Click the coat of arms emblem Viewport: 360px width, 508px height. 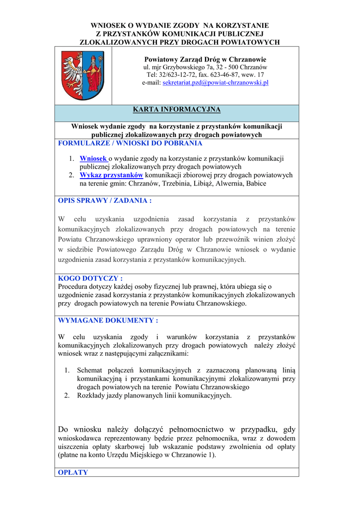click(83, 75)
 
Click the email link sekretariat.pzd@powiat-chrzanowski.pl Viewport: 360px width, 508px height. click(216, 83)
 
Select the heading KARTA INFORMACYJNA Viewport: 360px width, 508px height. click(177, 110)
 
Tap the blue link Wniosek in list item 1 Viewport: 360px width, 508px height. click(93, 158)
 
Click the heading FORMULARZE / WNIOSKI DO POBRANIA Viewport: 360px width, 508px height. click(130, 143)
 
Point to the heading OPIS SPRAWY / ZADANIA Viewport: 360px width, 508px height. click(105, 200)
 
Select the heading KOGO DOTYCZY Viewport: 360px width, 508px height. click(90, 278)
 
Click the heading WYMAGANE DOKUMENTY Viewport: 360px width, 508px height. click(108, 320)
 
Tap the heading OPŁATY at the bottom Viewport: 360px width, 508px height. click(73, 472)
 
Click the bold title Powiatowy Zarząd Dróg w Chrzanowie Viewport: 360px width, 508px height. click(205, 59)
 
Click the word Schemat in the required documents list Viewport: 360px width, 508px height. click(89, 370)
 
